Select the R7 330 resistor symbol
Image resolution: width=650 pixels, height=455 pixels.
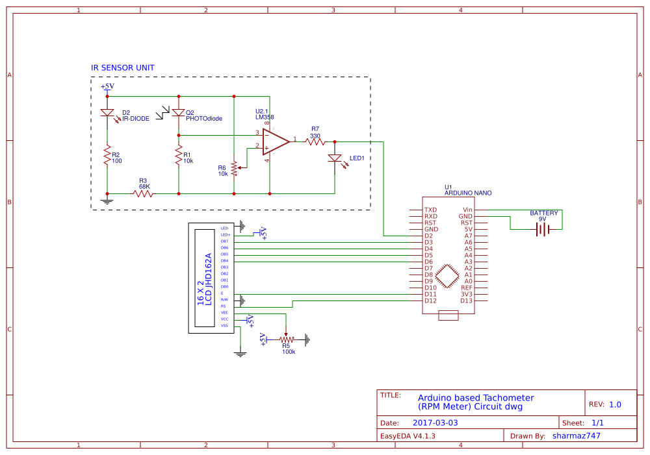pos(315,141)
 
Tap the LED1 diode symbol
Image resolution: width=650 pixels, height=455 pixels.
pos(335,158)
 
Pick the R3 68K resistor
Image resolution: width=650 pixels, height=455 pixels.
pos(143,193)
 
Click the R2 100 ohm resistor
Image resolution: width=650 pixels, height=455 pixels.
pos(107,156)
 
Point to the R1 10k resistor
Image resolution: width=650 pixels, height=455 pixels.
pos(178,156)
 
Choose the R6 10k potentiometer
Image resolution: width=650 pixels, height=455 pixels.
pos(233,169)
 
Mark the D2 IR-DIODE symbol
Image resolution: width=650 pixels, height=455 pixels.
pos(107,113)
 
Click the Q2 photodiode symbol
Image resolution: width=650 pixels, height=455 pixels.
pos(178,113)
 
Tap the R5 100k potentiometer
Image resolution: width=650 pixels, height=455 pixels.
pos(287,339)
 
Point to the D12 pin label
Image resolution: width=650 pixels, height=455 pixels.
pos(430,301)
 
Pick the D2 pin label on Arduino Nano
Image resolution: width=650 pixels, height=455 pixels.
pos(428,236)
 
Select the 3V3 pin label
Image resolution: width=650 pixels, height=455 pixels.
pos(466,294)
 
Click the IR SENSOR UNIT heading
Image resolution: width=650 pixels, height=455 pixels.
pos(123,68)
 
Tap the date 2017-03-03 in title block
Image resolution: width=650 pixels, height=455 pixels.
pos(435,423)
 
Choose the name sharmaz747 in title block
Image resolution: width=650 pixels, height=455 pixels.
pos(576,436)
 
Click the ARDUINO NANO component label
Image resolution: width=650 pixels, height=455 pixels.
pos(468,193)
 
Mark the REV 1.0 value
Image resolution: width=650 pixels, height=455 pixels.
pos(615,404)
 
